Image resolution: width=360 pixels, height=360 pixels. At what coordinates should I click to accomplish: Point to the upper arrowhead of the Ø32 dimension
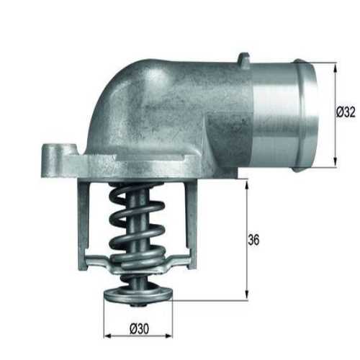click(336, 66)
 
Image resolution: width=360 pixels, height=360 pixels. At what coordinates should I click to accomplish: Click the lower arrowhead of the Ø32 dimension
click(336, 163)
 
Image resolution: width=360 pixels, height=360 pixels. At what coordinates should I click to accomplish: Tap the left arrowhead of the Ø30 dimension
click(107, 336)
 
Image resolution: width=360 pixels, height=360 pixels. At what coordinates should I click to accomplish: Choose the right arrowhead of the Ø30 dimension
click(171, 336)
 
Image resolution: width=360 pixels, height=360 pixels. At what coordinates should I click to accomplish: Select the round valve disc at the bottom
click(139, 294)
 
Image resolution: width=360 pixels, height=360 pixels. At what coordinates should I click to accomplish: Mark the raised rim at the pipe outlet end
click(308, 115)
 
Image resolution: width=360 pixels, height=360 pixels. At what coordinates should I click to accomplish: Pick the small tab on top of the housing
click(244, 59)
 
